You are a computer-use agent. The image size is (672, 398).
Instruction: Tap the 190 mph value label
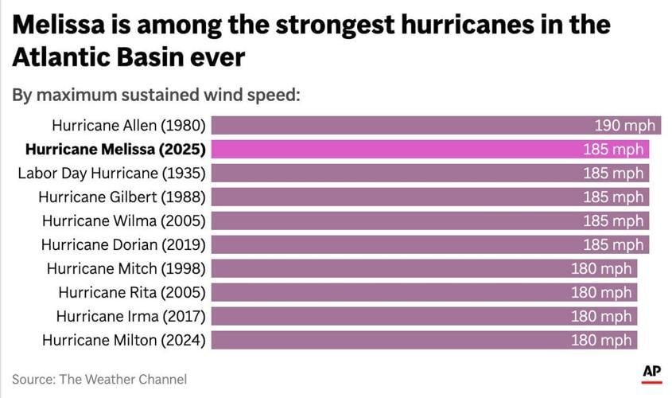tap(625, 126)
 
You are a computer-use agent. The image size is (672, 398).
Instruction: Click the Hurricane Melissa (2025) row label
tap(115, 149)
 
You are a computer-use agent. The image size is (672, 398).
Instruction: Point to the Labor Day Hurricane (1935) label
tap(112, 173)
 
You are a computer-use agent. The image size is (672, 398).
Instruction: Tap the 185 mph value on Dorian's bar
tap(613, 244)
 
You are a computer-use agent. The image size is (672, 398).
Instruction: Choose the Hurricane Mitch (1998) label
tap(126, 268)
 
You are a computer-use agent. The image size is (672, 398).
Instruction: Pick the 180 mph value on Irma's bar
tap(601, 316)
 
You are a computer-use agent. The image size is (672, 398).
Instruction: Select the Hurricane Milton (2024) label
tap(124, 340)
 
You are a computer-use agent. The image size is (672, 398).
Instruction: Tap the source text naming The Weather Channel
tap(99, 379)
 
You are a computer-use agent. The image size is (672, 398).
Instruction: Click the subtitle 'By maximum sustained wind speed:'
tap(156, 95)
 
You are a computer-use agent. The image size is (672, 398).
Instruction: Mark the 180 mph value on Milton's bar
tap(601, 340)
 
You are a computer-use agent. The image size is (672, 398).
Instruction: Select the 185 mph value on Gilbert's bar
tap(613, 197)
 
